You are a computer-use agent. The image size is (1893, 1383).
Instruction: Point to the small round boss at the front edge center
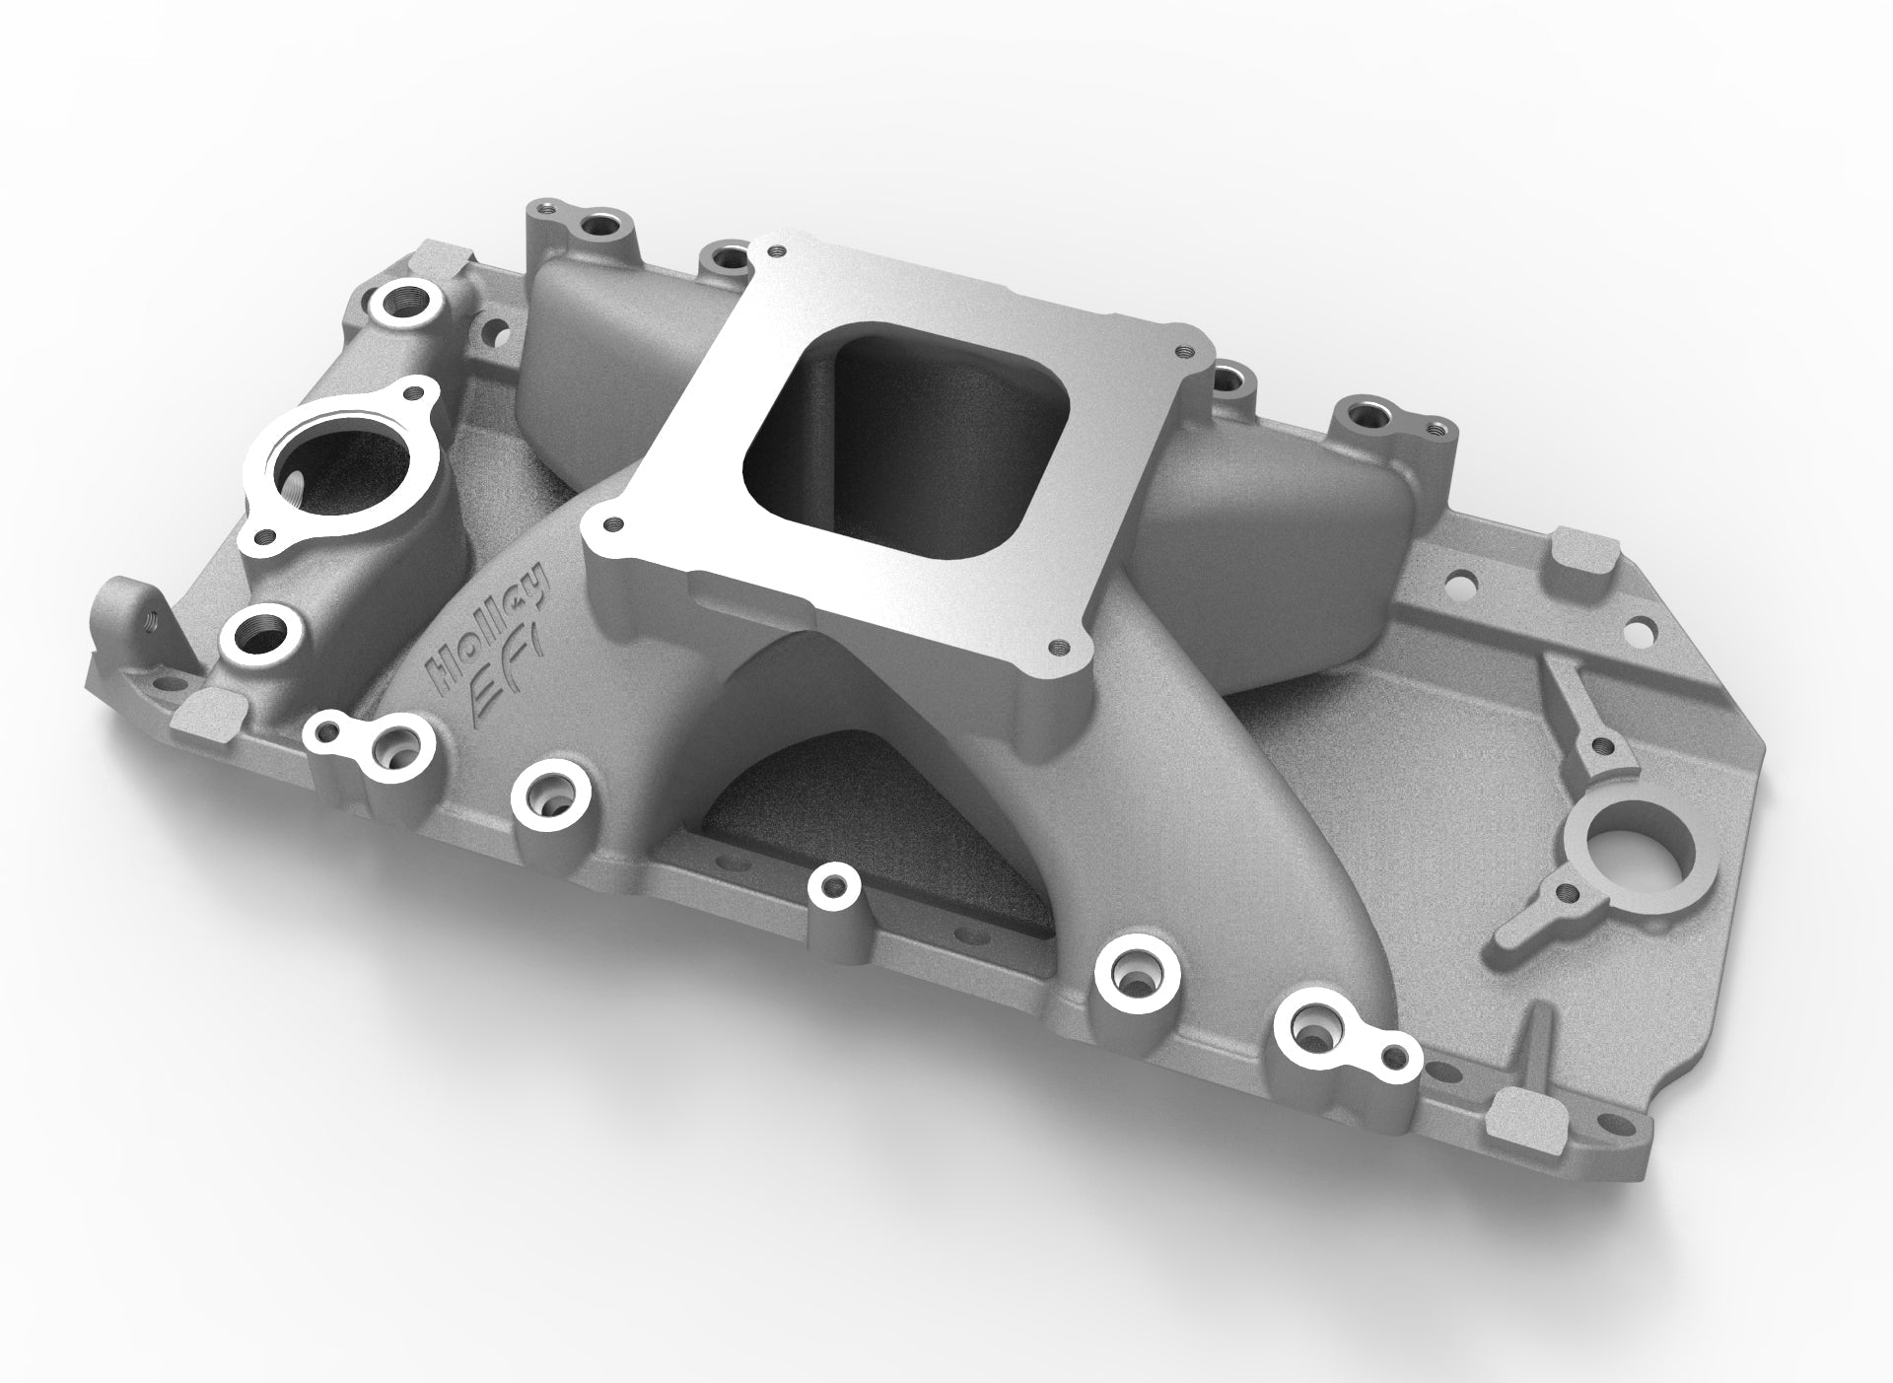(833, 886)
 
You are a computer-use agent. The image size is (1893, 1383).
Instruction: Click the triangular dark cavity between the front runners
(868, 818)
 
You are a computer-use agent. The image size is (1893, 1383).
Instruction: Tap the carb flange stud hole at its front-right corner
(1059, 646)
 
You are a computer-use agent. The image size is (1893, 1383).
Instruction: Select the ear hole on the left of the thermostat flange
(263, 537)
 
